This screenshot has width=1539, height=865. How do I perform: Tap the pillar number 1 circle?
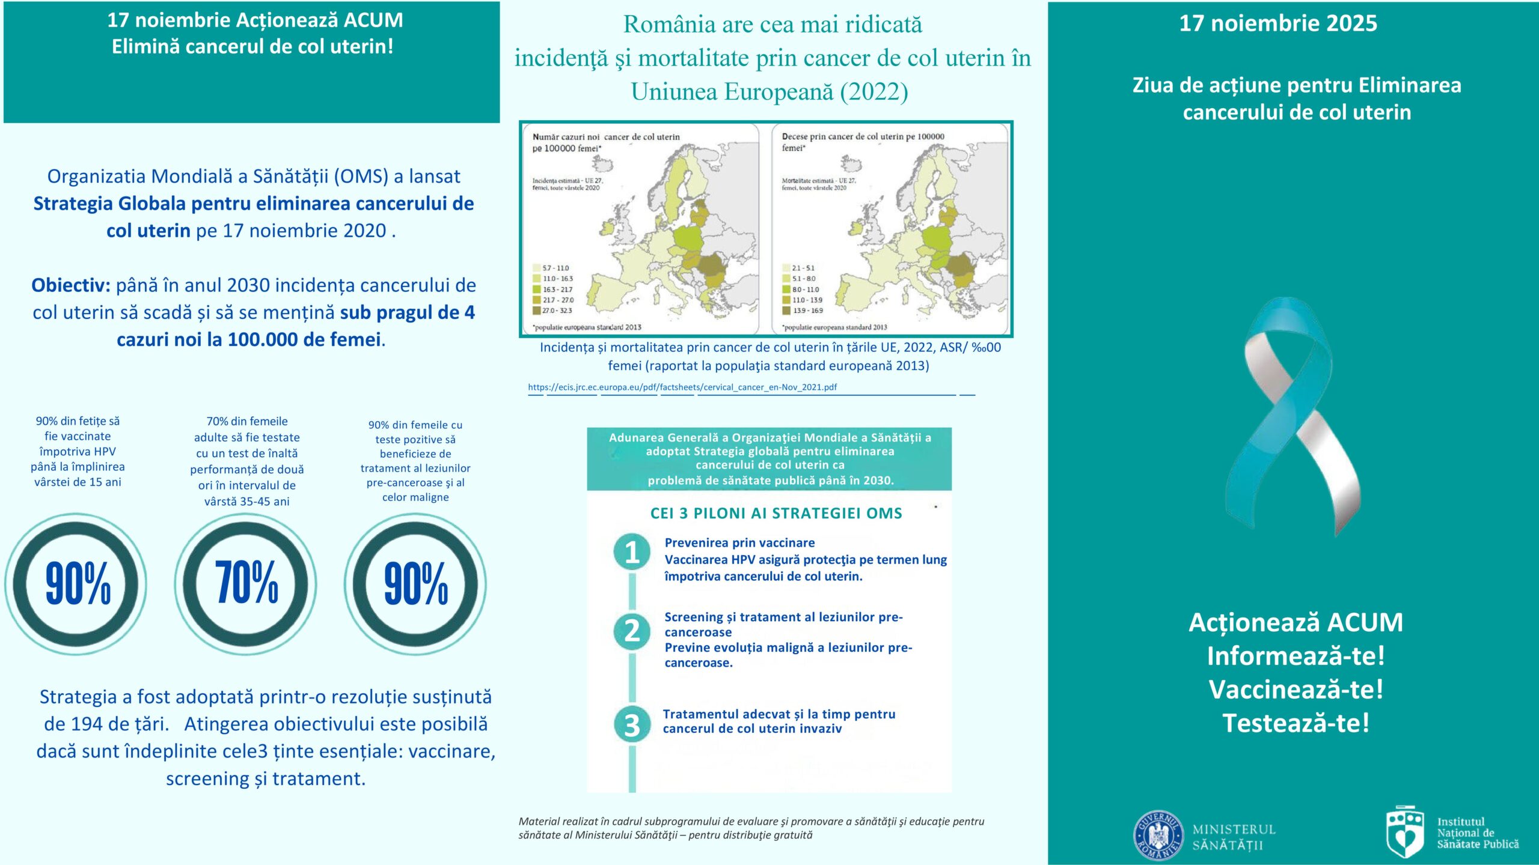(632, 551)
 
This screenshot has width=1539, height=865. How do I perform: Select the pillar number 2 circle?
(632, 631)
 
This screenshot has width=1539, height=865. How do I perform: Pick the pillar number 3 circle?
(632, 724)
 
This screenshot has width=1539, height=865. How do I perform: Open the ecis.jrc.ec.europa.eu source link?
(682, 387)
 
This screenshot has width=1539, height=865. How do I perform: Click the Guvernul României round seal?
(1158, 836)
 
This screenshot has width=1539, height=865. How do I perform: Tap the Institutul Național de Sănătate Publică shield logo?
(1404, 832)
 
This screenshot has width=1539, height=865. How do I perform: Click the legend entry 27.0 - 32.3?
(557, 311)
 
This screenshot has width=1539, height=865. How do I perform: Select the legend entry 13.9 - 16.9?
(807, 311)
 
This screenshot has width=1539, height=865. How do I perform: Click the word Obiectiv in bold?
(70, 285)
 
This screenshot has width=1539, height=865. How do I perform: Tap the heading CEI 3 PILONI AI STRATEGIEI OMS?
(776, 514)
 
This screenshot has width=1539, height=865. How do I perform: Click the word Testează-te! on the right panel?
(1296, 723)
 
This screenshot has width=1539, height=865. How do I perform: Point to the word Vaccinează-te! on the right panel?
(1296, 690)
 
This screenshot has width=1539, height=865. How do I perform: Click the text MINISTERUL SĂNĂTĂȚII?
(1234, 837)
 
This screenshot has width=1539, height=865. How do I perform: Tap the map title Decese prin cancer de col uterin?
(862, 137)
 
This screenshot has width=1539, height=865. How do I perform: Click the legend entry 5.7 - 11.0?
(555, 268)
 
